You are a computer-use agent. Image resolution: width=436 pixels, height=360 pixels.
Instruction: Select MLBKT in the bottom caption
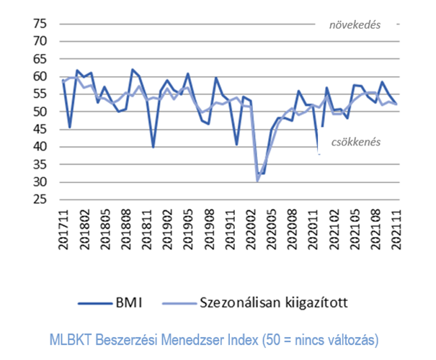point(68,338)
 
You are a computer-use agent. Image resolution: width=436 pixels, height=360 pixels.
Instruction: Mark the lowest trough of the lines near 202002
point(257,180)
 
